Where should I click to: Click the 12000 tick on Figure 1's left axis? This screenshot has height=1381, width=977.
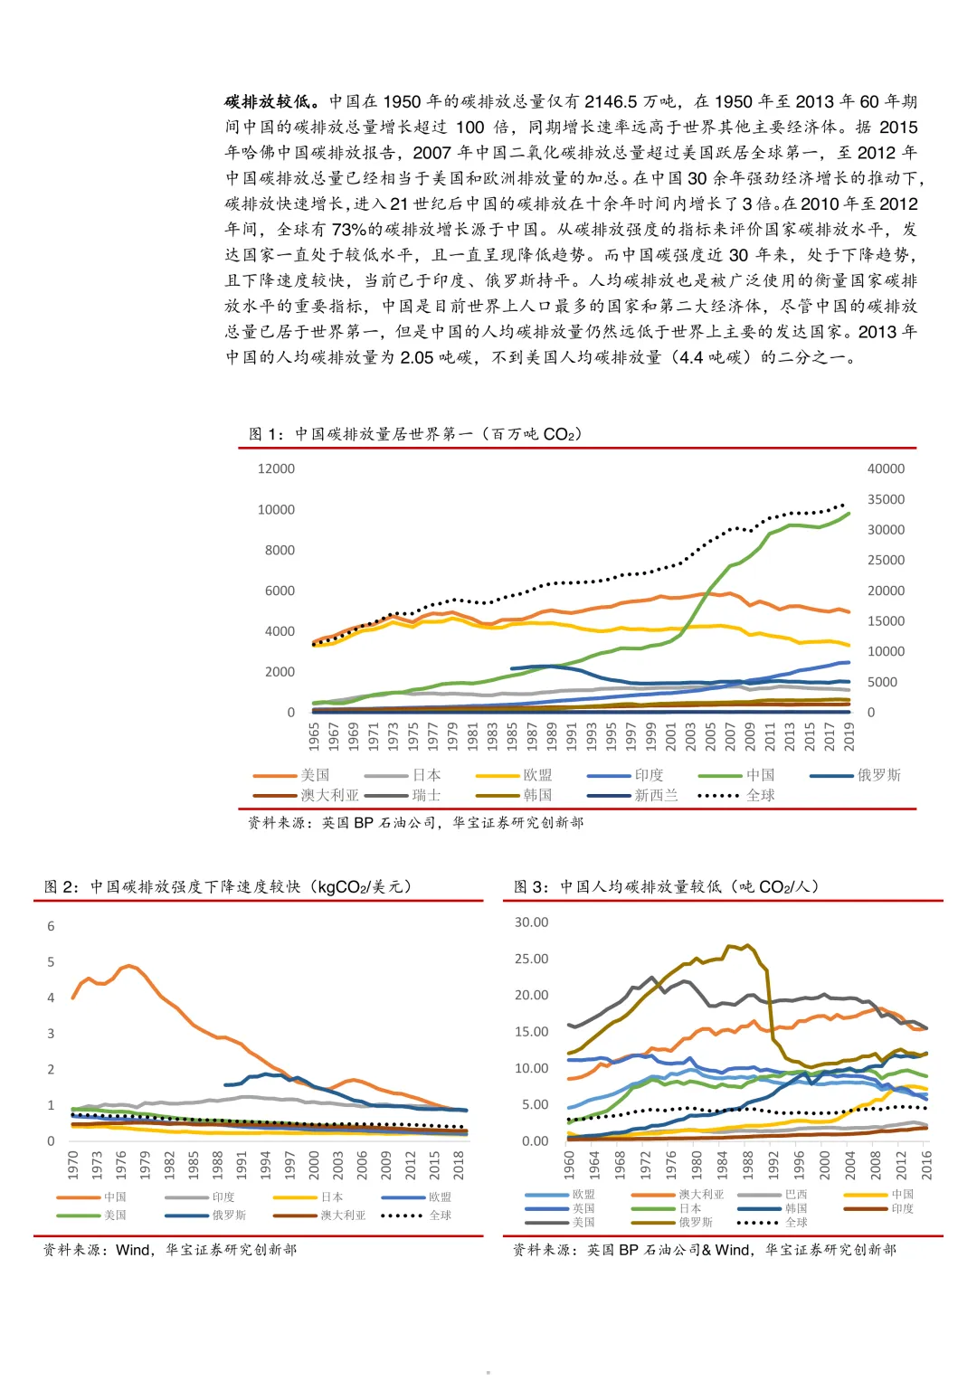click(276, 468)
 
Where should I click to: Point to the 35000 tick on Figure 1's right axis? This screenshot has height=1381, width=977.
click(886, 499)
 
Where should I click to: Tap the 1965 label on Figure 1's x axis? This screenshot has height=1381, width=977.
click(314, 737)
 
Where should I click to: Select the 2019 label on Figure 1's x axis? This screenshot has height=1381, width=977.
click(849, 737)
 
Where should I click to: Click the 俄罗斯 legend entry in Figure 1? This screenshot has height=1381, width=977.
click(856, 775)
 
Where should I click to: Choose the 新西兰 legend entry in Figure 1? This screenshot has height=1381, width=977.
click(633, 795)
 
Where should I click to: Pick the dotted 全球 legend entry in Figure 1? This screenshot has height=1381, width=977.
click(735, 795)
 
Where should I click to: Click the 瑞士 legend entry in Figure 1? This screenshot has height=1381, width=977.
click(403, 795)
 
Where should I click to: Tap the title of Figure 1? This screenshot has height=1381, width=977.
click(415, 434)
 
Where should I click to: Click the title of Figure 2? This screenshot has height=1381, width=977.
click(228, 886)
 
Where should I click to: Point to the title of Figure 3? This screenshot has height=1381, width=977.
click(667, 886)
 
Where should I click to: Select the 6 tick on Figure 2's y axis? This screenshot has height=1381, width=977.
click(51, 926)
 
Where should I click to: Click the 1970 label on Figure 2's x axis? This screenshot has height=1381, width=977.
click(72, 1165)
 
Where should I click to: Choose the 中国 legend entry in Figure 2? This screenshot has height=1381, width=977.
click(91, 1197)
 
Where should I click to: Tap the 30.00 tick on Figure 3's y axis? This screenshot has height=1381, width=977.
click(532, 922)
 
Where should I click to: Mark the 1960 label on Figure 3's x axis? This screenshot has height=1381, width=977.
click(569, 1165)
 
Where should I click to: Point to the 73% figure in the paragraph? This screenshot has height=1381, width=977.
click(349, 230)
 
